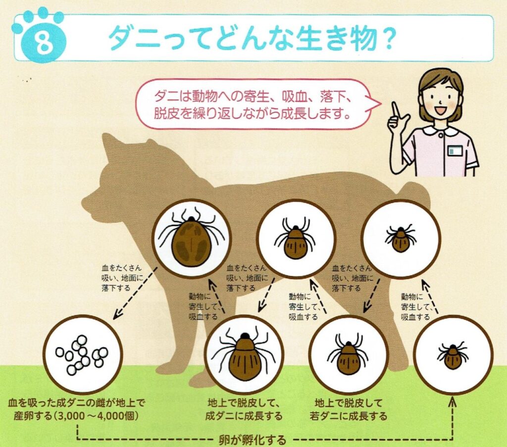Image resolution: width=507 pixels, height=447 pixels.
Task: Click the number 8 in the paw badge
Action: click(43, 43)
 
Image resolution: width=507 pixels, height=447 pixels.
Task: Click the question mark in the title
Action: click(386, 38)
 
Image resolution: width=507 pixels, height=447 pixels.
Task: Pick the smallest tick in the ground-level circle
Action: click(453, 355)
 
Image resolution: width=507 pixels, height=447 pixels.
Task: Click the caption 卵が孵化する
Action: click(252, 440)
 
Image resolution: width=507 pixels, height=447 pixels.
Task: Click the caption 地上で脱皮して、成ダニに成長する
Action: click(244, 409)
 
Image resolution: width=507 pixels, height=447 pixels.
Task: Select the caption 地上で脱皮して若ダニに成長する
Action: click(348, 409)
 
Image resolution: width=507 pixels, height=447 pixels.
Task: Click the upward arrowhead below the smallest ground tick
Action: click(453, 402)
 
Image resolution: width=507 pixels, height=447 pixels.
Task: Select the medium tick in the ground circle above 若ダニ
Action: click(348, 355)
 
